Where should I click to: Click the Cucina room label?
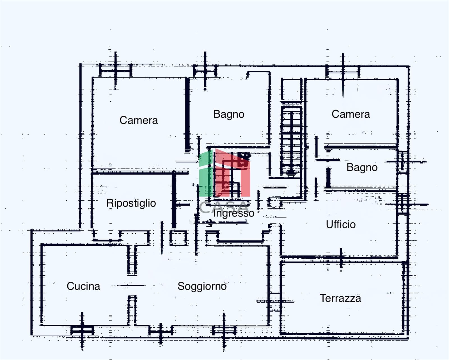click(83, 286)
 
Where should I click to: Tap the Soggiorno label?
click(202, 286)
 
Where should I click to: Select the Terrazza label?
click(340, 298)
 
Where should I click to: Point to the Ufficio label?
click(341, 224)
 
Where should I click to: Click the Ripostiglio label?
click(131, 203)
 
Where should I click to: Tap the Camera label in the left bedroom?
click(139, 120)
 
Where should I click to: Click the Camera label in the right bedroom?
click(351, 114)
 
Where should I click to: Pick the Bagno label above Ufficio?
click(362, 167)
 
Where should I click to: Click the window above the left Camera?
click(115, 70)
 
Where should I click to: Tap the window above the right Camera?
click(343, 71)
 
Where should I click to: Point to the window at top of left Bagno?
click(205, 70)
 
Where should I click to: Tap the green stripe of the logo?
click(206, 173)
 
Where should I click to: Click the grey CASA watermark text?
click(224, 207)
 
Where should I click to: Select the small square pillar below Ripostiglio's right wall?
click(178, 238)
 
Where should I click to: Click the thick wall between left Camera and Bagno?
click(187, 114)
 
